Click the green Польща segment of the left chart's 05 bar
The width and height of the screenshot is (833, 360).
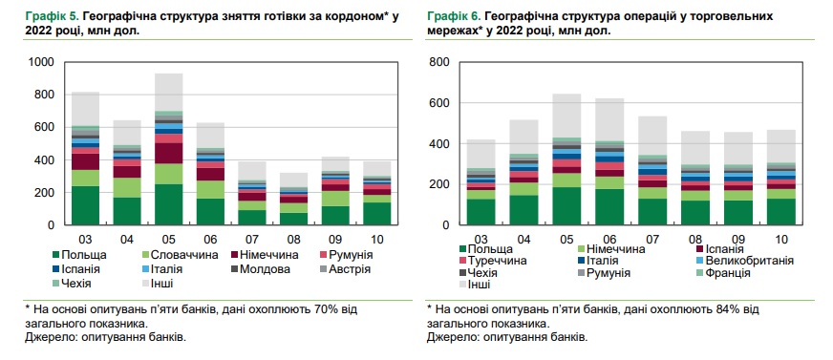(x=169, y=204)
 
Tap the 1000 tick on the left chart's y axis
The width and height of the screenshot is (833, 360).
(x=42, y=62)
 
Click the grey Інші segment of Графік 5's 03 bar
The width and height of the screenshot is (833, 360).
(x=86, y=109)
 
